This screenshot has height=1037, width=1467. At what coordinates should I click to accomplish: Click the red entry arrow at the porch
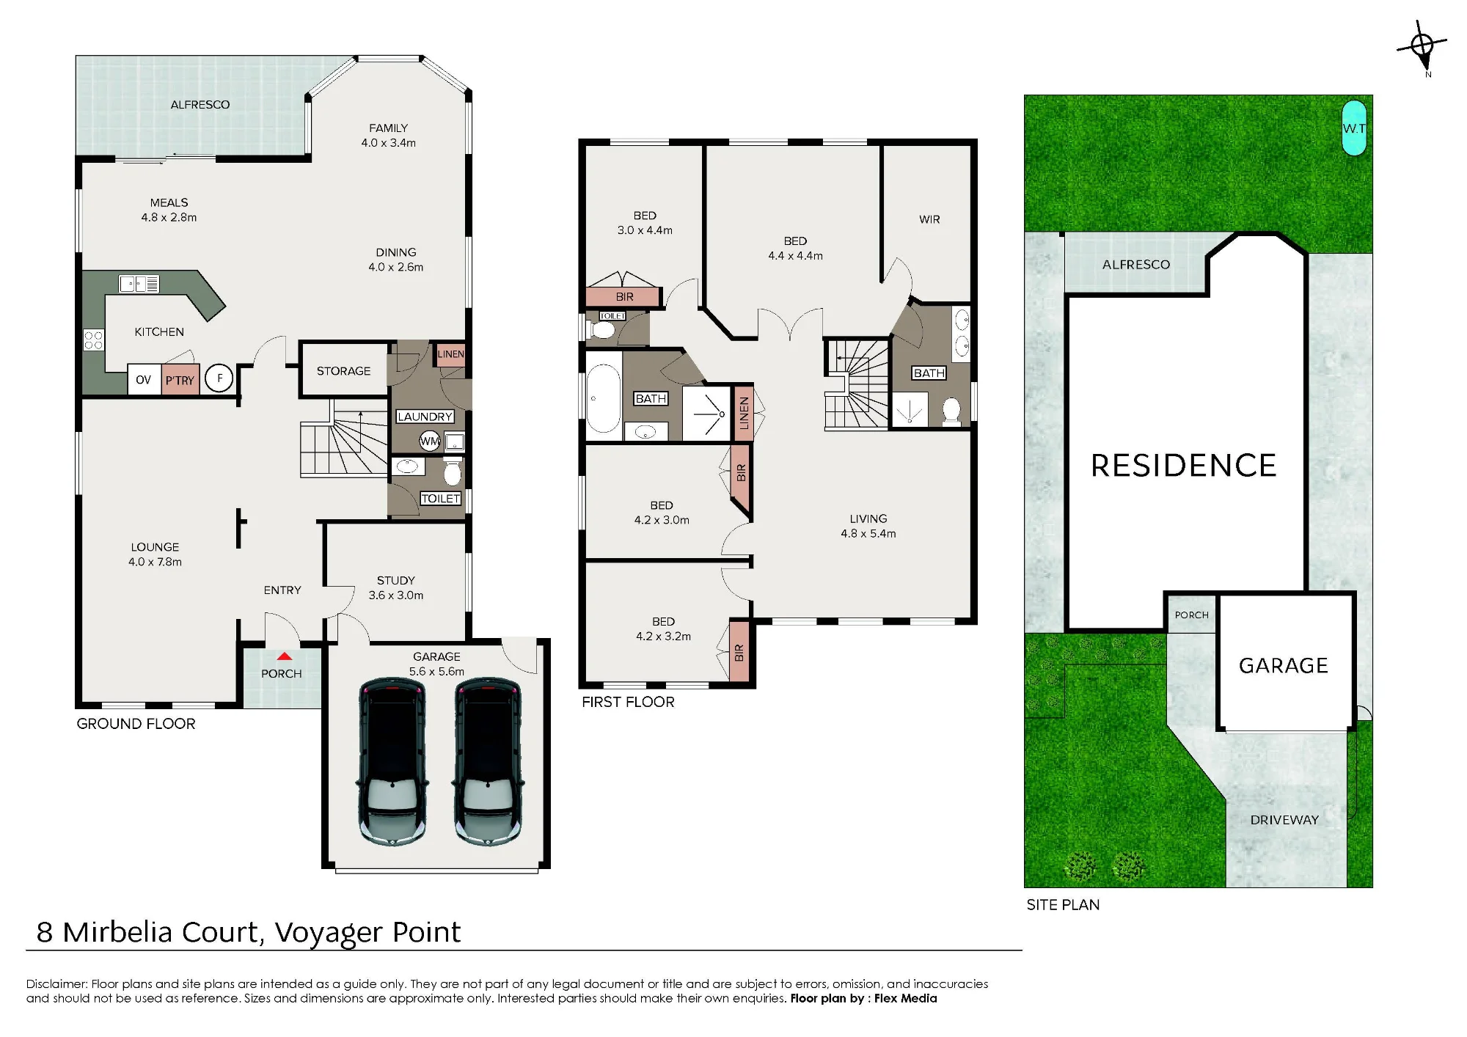coord(285,656)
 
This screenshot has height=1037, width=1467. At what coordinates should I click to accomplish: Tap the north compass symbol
coord(1422,47)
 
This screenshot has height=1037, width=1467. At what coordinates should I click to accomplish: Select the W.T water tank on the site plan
coord(1354,128)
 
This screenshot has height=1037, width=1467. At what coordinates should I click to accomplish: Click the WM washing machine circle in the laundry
coord(429,441)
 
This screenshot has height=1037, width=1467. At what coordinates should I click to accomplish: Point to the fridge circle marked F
coord(219,378)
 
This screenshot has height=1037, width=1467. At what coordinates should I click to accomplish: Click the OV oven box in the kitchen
coord(144,379)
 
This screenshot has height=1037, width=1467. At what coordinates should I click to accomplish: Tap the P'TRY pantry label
coord(180,380)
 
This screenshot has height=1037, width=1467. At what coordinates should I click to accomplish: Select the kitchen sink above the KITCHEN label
coord(139,284)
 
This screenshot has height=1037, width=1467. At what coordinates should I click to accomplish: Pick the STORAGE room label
coord(343,371)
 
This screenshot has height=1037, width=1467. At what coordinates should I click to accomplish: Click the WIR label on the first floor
coord(929,219)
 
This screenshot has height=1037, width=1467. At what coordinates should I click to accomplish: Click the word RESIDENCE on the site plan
coord(1184,466)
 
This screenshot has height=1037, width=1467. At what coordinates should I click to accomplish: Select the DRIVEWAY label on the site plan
coord(1284,820)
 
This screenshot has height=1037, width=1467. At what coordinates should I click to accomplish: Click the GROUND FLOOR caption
coord(136,724)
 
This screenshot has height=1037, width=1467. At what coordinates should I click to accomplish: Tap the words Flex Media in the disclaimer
coord(905,998)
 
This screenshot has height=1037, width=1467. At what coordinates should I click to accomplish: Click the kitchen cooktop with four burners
coord(93,340)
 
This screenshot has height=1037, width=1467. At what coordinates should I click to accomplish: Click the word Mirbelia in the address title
coord(161,931)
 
